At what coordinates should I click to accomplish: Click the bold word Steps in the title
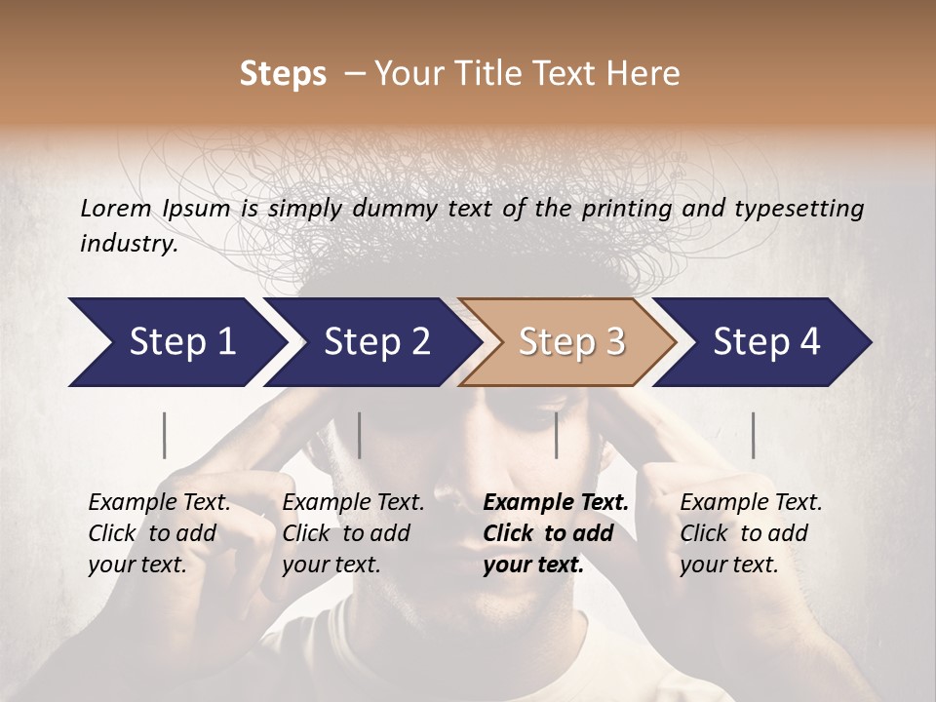[x=283, y=74]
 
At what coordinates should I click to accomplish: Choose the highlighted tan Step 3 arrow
[x=571, y=342]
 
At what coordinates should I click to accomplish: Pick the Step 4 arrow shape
[x=766, y=342]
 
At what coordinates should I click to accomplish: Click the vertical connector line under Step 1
[x=165, y=435]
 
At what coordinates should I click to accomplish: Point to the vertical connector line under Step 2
[x=360, y=435]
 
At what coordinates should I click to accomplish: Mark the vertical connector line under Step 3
[x=557, y=435]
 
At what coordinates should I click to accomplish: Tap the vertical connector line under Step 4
[x=753, y=435]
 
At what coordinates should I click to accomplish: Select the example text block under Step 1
[x=159, y=533]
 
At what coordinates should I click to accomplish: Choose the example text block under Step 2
[x=353, y=533]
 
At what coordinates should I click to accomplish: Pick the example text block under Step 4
[x=751, y=533]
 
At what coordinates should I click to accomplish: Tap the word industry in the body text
[x=129, y=244]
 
